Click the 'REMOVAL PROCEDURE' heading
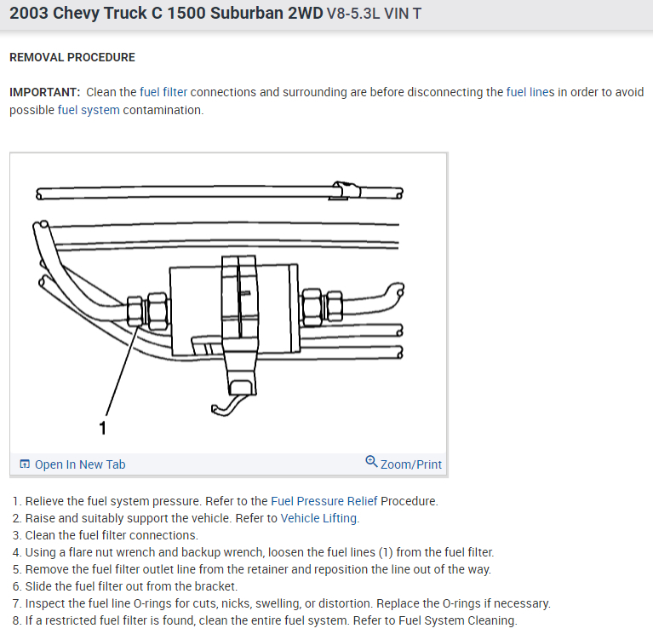pyautogui.click(x=72, y=58)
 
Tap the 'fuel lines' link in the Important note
pyautogui.click(x=530, y=92)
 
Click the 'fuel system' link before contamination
pyautogui.click(x=89, y=111)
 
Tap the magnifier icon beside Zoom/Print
pyautogui.click(x=371, y=462)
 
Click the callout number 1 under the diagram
pyautogui.click(x=104, y=428)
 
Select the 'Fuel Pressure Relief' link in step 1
pyautogui.click(x=324, y=501)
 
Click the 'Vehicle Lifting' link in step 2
pyautogui.click(x=320, y=518)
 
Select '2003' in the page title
pyautogui.click(x=32, y=16)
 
